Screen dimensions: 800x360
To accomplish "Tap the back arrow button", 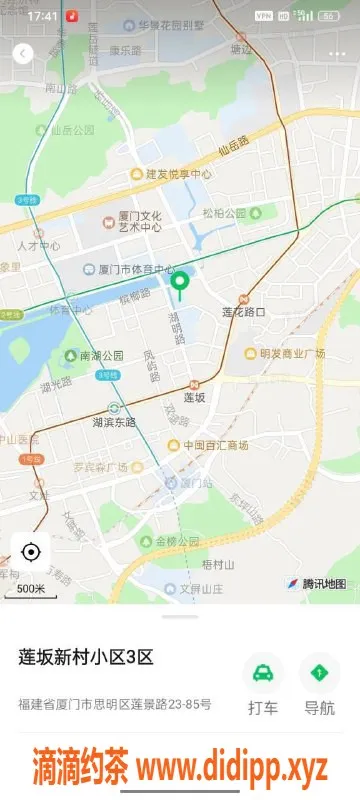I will (22, 54).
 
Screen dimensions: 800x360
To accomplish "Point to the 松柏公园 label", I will (224, 213).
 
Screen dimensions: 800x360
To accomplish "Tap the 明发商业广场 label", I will (292, 353).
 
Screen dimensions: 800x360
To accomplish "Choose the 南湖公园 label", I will (101, 355).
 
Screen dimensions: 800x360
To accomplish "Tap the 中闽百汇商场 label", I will (215, 444).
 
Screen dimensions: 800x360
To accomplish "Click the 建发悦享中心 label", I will (178, 173).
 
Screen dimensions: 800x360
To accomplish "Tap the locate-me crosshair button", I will (30, 552).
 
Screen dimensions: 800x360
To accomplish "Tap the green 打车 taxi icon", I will (263, 673).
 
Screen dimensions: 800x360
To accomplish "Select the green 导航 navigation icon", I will (319, 673).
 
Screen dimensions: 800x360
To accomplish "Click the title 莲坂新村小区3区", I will (86, 657).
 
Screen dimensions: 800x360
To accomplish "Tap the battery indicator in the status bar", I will (329, 16).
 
